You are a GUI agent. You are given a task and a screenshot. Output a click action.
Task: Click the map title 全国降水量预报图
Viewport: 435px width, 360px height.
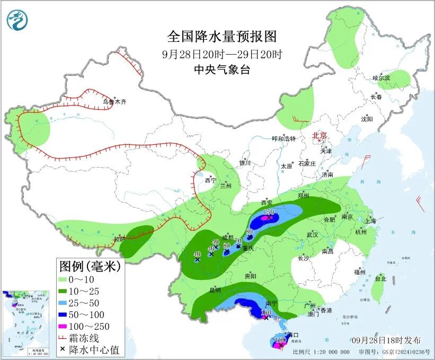[x=222, y=37]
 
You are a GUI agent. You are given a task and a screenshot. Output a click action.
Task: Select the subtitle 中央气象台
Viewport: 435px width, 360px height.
[x=222, y=69]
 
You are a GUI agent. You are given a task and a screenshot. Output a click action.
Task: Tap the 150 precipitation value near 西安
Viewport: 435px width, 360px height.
[x=269, y=212]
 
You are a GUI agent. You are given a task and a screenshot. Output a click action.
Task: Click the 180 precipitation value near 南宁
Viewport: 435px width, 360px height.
[x=266, y=313]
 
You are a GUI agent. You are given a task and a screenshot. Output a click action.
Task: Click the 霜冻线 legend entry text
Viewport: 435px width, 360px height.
[x=98, y=338]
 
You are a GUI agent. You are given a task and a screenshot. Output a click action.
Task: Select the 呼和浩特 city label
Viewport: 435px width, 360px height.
[x=283, y=139]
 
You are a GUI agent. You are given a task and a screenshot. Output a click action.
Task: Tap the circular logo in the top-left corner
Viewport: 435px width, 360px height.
[x=17, y=20]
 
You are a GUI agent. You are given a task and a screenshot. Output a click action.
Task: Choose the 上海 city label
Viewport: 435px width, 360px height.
[x=370, y=221]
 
